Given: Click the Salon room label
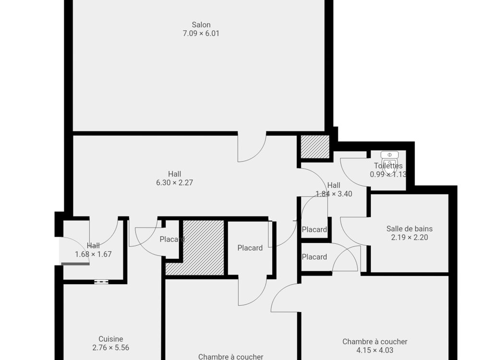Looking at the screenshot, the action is coord(201,25).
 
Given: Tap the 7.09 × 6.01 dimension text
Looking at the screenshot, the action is coord(201,34).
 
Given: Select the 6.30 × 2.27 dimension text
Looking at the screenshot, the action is coord(175,183).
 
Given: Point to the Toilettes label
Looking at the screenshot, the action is coord(388,166).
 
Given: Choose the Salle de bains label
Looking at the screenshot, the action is coord(409,228).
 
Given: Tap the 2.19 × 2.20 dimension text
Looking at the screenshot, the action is coord(409,237).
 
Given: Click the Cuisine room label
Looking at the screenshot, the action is coord(111,339).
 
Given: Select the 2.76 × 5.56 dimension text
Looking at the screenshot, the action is coord(111,348).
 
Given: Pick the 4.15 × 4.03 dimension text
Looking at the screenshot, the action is coord(375,350).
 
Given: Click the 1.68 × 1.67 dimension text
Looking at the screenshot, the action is coord(94,254).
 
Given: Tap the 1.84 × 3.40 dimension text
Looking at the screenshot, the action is coord(334,194).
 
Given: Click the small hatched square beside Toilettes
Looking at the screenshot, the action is coord(315,147).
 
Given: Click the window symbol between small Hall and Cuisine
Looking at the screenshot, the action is coord(101,282).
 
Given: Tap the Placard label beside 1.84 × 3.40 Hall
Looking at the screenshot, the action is coord(314,229).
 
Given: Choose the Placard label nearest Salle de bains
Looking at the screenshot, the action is coord(314,257).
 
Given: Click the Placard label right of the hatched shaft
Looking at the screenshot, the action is coord(250,248).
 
